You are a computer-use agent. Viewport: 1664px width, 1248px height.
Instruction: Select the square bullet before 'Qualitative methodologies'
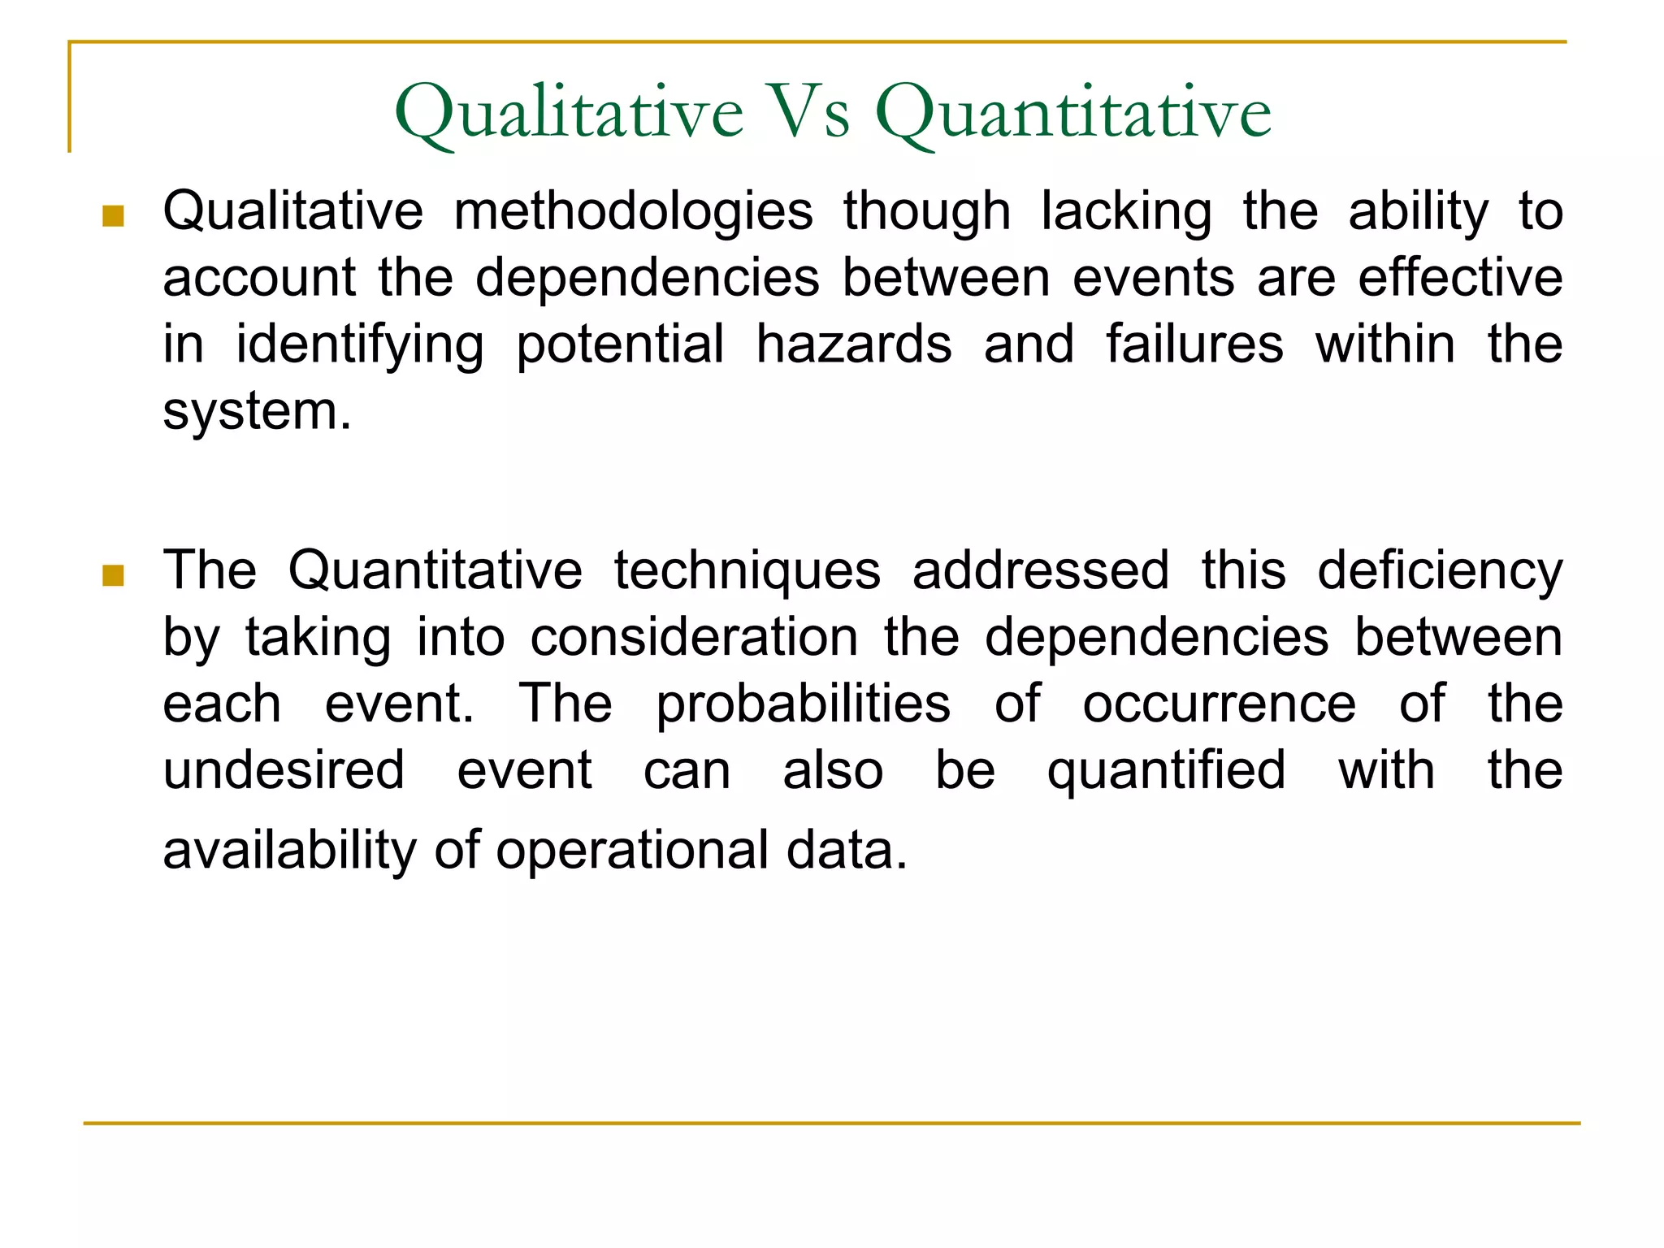coord(113,216)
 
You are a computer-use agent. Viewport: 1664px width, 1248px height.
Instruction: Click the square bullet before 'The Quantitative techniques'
coord(113,576)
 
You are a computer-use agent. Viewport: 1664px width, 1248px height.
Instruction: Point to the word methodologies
coord(633,213)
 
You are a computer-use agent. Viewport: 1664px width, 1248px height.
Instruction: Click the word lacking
coord(1126,213)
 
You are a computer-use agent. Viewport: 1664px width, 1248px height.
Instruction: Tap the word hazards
coord(853,344)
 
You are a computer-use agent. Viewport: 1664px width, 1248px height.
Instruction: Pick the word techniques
coord(747,570)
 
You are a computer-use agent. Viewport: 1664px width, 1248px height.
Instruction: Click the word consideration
coord(694,637)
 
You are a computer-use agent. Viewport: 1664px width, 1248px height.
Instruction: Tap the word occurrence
coord(1219,704)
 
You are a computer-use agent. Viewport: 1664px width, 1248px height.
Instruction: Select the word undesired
coord(284,770)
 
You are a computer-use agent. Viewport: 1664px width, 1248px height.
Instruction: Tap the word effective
coord(1460,278)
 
